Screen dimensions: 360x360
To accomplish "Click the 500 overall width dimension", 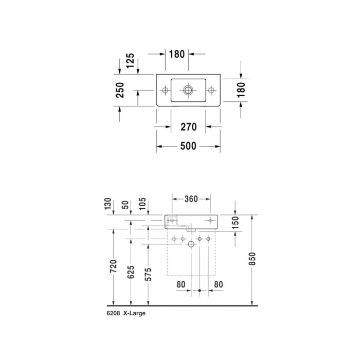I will [x=188, y=146].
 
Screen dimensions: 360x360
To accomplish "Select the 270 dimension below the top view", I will [x=188, y=127].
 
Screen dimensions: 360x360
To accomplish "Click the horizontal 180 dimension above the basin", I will [x=177, y=54].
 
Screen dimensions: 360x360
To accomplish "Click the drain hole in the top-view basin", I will [x=188, y=91].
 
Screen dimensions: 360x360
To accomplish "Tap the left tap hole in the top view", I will [x=165, y=91].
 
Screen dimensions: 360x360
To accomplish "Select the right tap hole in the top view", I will [x=211, y=91].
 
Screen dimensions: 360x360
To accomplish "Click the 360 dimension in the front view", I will [x=191, y=199].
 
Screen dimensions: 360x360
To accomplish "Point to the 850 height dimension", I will [x=252, y=261].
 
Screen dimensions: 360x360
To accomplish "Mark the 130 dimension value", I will [x=108, y=205].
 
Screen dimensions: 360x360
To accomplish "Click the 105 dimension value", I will [x=142, y=205].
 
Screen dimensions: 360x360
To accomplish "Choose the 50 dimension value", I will [x=125, y=205].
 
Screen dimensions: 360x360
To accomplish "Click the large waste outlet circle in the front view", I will [x=191, y=245].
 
